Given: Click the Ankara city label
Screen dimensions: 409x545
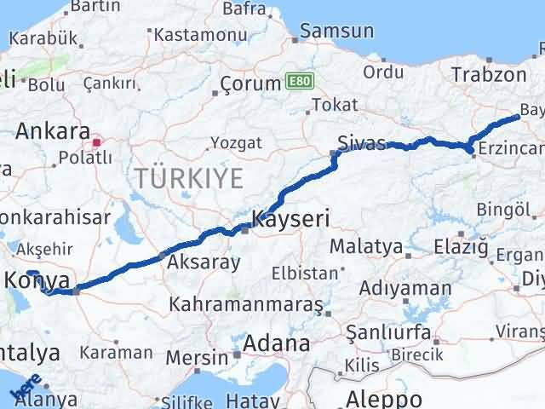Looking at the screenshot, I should (53, 132).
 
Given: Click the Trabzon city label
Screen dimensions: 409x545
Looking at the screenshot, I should (489, 74).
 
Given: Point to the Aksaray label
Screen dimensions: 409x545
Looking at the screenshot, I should (204, 262).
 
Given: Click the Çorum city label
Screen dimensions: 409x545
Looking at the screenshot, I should (250, 84).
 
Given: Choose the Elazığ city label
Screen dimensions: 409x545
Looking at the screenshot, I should (461, 247).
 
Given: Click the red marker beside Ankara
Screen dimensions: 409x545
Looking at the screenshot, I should (97, 142).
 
